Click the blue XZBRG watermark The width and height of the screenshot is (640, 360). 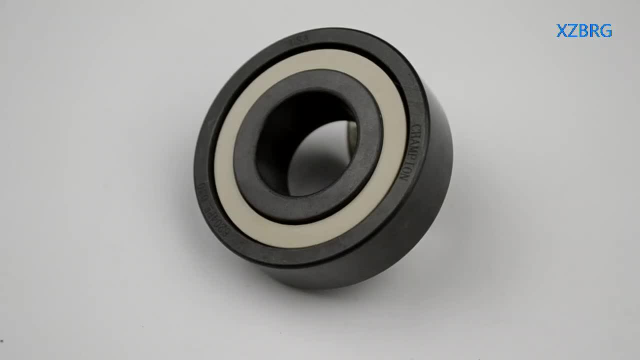pos(584,31)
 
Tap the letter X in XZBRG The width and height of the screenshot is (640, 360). pos(562,31)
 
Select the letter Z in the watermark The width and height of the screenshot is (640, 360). pos(573,31)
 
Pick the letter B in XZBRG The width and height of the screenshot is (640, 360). pos(583,31)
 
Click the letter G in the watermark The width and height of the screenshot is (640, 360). pos(605,31)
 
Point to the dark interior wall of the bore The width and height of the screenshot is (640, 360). pos(280,140)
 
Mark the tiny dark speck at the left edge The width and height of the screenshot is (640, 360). pos(1,341)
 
